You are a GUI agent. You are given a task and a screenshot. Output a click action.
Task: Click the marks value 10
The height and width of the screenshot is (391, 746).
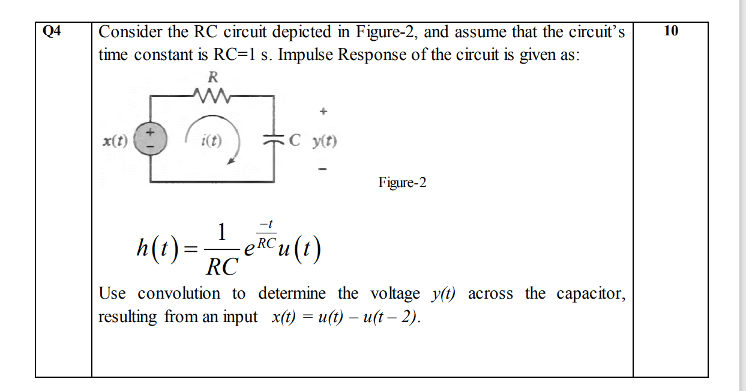coord(671,31)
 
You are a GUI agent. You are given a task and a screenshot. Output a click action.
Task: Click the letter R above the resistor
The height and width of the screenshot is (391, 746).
coord(212,77)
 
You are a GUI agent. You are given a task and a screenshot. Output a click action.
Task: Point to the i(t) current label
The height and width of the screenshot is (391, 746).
coord(211,143)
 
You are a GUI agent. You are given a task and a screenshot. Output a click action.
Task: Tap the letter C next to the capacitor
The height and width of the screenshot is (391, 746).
coord(293,142)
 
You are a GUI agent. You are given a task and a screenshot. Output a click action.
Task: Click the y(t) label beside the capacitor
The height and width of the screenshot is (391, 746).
coord(323,143)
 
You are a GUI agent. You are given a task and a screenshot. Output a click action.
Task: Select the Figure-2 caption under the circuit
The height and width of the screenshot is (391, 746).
coord(402,182)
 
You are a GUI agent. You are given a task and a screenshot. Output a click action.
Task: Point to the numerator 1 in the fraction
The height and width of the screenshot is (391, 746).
coord(221,231)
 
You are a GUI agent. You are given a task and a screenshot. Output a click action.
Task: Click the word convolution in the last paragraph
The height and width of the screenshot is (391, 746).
coord(179,294)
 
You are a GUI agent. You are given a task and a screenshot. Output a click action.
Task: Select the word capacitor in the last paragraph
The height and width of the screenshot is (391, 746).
coord(591,294)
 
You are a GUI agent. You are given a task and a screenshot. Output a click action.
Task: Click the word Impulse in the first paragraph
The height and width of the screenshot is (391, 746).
coord(305,55)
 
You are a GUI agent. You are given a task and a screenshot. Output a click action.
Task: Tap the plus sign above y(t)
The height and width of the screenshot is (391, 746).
coord(323,112)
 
